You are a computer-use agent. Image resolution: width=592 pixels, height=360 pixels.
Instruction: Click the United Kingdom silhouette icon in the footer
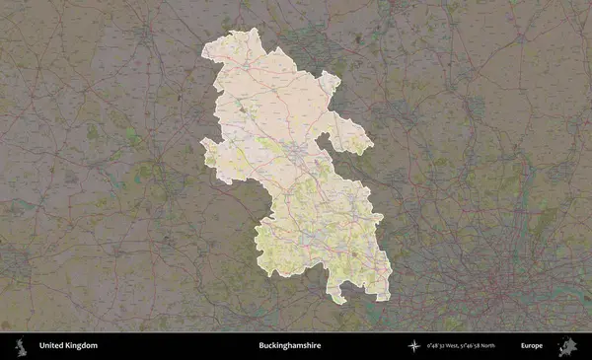(20, 346)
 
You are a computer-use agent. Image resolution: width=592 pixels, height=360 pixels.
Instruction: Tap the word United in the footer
(52, 346)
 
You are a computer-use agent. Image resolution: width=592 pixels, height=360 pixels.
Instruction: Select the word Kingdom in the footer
(82, 346)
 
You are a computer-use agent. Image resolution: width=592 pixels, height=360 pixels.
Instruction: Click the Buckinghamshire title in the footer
(289, 346)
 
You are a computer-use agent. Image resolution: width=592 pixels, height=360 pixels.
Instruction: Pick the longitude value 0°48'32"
(440, 346)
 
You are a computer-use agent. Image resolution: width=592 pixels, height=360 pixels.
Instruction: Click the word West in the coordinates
(461, 346)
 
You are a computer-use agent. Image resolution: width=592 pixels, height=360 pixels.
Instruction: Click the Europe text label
(532, 346)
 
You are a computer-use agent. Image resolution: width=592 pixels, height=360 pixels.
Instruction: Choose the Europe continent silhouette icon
(567, 346)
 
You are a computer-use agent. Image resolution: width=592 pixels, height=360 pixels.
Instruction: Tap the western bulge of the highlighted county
(204, 153)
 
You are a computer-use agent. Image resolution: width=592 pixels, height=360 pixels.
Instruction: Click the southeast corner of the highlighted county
(388, 296)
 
